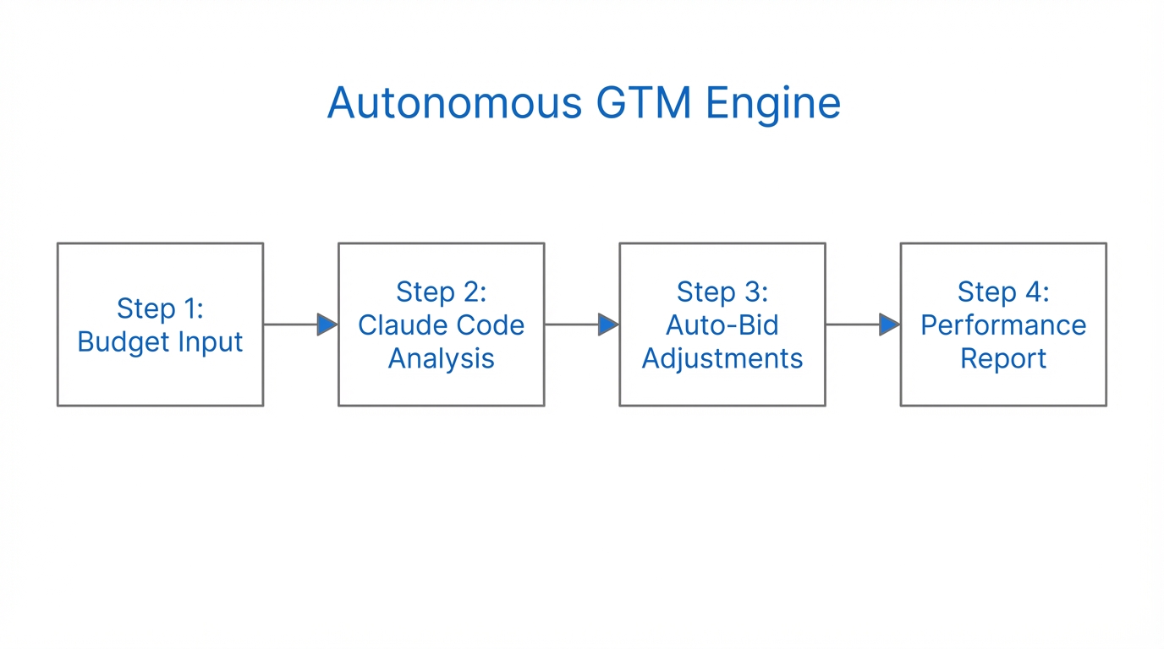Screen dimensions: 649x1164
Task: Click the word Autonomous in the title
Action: pos(454,103)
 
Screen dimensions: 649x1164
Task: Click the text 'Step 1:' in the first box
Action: pos(160,308)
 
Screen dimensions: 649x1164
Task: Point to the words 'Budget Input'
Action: pos(160,341)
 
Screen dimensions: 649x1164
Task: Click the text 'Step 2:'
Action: pos(441,292)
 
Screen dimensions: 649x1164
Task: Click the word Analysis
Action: pos(441,358)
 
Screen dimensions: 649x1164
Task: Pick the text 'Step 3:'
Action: pos(722,292)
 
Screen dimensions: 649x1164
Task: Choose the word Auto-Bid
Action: pos(722,324)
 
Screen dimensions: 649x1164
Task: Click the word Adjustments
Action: pos(722,358)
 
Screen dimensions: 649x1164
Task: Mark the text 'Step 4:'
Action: pos(1003,292)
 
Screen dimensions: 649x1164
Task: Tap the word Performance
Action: pos(1003,324)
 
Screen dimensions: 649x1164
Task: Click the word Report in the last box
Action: pos(1003,358)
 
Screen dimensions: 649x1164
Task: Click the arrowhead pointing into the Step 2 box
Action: pos(327,324)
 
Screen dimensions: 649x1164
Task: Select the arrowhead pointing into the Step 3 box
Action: pos(607,324)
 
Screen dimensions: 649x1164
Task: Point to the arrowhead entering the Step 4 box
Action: pos(888,324)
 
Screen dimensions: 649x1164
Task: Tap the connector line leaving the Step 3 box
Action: pos(851,324)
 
